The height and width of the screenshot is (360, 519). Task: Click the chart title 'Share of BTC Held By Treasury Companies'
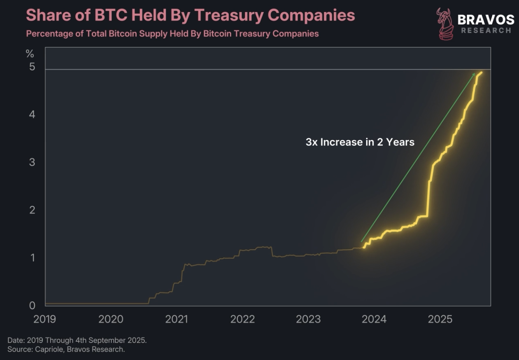[190, 16]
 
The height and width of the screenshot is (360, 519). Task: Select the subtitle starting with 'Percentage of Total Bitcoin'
[172, 34]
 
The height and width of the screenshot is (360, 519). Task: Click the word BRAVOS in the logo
[486, 19]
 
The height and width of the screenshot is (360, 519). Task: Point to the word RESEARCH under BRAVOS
[486, 30]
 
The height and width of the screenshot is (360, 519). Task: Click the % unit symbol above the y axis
[30, 54]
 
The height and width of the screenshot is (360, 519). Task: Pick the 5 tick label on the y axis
[32, 67]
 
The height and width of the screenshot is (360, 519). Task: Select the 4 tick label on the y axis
[32, 114]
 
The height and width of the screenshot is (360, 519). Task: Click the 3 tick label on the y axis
[32, 162]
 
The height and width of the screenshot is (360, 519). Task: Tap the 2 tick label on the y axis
[32, 210]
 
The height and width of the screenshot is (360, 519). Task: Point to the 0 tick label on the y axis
[32, 306]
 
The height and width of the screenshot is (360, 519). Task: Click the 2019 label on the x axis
[45, 319]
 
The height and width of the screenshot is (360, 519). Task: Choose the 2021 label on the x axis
[176, 319]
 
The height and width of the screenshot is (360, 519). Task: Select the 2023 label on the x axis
[308, 319]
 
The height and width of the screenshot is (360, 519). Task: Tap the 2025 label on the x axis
[440, 319]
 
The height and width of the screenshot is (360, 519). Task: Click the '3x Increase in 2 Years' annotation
[360, 142]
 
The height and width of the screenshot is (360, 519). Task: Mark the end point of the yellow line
[482, 72]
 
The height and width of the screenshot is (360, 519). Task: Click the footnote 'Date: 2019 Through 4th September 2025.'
[77, 340]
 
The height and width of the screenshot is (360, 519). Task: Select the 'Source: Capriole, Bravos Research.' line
[66, 349]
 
